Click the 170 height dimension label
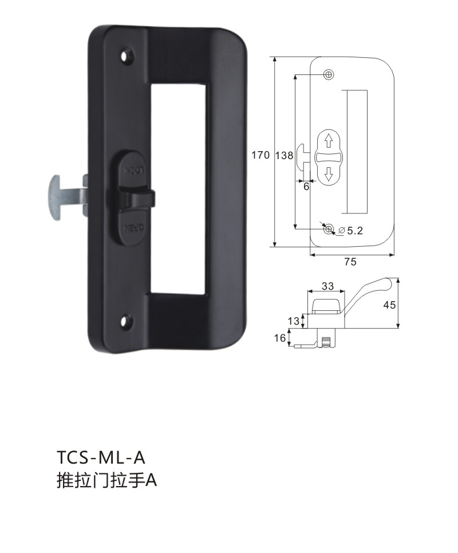[260, 155]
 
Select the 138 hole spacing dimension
[284, 155]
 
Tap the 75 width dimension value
[350, 262]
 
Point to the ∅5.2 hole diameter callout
[350, 231]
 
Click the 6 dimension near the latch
[306, 186]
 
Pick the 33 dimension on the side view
[327, 286]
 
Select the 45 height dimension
[389, 305]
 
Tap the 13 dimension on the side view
[293, 321]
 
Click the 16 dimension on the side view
[279, 338]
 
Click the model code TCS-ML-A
[101, 458]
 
